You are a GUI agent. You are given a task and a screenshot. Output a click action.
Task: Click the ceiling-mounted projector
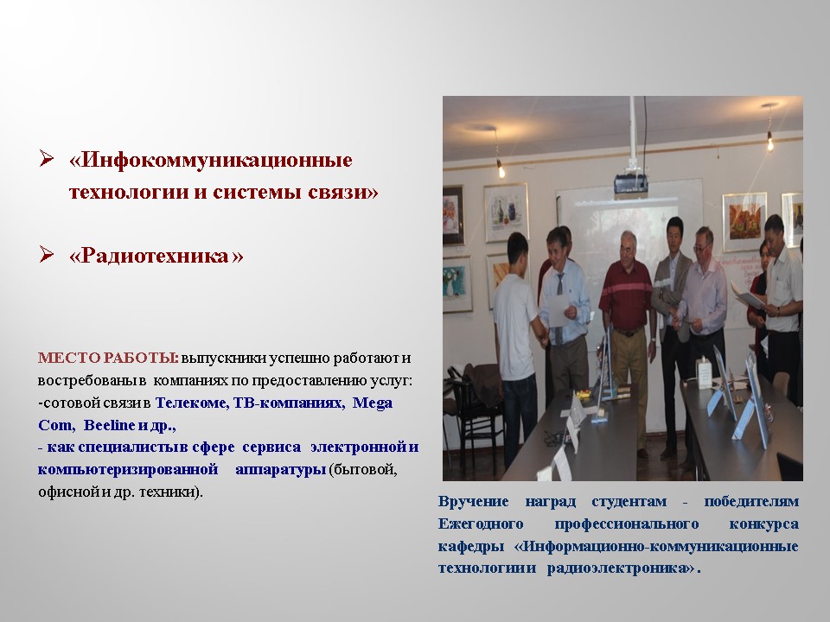(632, 182)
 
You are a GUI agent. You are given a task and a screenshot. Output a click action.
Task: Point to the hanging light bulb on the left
(500, 167)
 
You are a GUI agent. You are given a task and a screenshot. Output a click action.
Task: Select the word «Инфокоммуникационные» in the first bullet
(211, 162)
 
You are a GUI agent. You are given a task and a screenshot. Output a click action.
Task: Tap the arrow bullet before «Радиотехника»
(47, 255)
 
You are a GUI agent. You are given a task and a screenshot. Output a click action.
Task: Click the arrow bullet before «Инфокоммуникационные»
(47, 160)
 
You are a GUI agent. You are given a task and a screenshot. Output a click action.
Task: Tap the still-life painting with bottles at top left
(507, 212)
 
